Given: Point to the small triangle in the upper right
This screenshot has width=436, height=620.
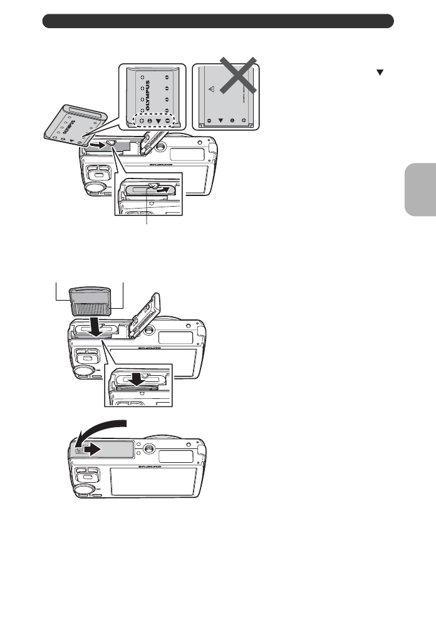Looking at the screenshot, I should (379, 73).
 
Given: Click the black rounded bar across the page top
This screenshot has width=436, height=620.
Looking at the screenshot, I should (218, 21).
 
